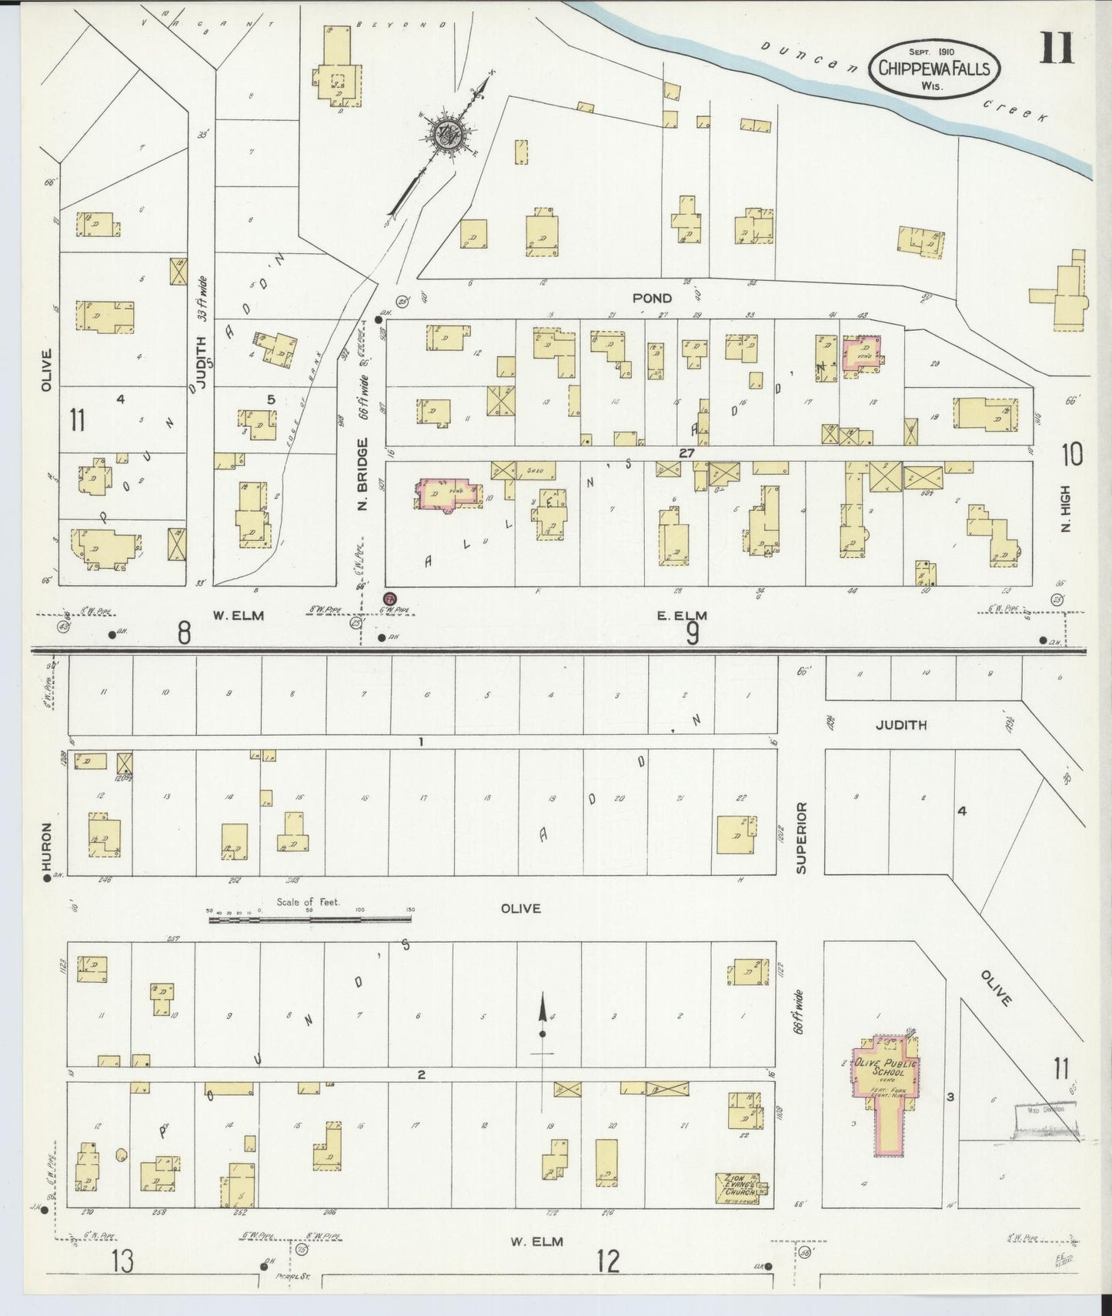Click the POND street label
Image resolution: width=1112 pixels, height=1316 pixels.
(x=652, y=298)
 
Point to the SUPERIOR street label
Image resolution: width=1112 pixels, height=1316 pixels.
(x=801, y=837)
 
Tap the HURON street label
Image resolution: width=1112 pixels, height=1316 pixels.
(x=47, y=847)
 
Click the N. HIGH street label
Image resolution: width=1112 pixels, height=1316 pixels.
(x=1066, y=509)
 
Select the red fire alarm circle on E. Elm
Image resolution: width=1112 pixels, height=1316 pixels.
(x=390, y=599)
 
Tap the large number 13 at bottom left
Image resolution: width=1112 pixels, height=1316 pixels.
(x=121, y=1261)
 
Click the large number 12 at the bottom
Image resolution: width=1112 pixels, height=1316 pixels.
(x=607, y=1261)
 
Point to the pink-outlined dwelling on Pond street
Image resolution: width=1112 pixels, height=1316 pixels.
(x=862, y=354)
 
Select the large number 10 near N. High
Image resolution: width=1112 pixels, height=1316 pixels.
(x=1071, y=455)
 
